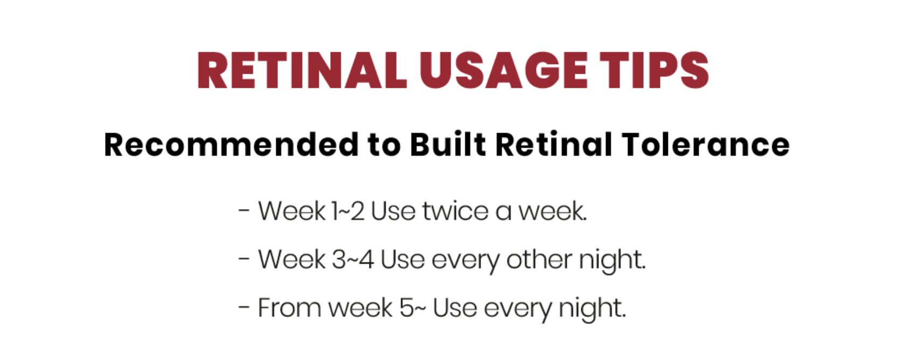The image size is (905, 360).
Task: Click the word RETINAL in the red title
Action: click(302, 70)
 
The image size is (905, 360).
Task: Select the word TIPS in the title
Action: click(655, 70)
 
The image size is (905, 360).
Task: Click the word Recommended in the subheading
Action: click(231, 144)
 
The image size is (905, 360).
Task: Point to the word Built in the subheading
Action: click(448, 144)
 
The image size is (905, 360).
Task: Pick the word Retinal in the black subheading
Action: click(554, 144)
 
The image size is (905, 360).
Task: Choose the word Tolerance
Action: click(706, 144)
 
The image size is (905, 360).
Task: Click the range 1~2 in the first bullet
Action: click(348, 211)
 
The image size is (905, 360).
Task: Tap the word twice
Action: click(455, 211)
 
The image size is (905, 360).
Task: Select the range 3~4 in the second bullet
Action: click(353, 259)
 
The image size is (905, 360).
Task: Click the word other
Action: click(539, 259)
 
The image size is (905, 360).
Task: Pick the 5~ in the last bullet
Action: click(413, 308)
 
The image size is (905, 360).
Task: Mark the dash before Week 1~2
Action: click(244, 211)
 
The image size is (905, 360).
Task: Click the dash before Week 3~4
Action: click(244, 259)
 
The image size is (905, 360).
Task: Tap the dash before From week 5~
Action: click(244, 307)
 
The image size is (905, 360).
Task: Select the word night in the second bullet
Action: click(612, 261)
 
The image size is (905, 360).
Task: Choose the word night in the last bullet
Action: click(593, 309)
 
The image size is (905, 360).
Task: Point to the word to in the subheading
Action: click(384, 145)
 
